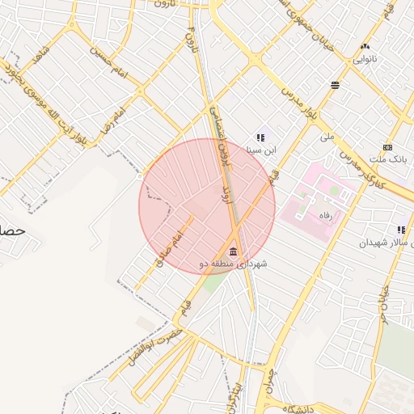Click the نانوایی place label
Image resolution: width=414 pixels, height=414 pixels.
coord(364,59)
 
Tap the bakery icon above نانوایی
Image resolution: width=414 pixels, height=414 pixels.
coord(365,47)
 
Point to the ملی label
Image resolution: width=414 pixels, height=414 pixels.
coord(327,137)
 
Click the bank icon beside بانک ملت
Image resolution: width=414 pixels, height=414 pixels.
coord(388,147)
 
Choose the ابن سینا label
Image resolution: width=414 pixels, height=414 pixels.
coord(261,150)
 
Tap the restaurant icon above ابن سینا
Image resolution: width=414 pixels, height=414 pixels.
coord(260,138)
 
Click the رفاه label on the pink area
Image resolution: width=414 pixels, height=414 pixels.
coord(327,215)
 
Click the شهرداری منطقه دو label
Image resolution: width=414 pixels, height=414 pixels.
coord(233,263)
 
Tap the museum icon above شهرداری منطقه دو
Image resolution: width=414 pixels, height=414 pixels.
coord(234,249)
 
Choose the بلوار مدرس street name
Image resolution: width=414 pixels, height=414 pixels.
coord(297,94)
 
